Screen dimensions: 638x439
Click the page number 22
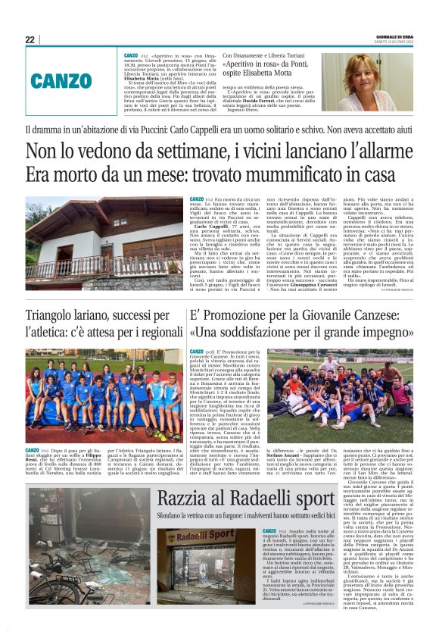30,39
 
